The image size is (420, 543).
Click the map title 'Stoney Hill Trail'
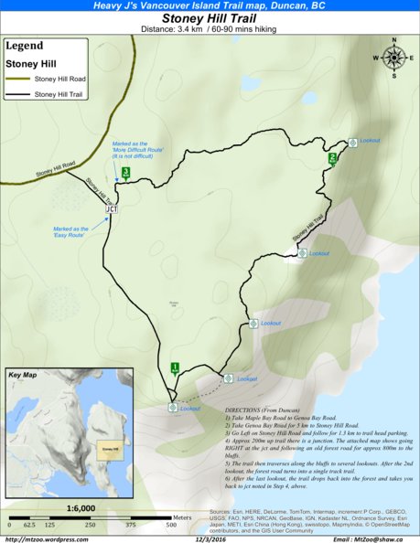(210, 17)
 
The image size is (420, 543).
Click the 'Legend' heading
(24, 46)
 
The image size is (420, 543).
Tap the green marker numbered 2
(332, 157)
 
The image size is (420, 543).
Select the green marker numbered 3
(124, 172)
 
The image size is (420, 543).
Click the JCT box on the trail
(112, 208)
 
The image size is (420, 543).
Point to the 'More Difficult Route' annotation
(135, 151)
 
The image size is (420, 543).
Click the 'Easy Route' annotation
(70, 231)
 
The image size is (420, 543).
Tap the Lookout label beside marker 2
(370, 140)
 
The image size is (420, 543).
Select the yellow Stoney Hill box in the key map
(111, 449)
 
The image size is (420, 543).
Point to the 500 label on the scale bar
(171, 526)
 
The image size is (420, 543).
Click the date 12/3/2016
(210, 537)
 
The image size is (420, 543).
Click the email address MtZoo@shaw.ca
(374, 537)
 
